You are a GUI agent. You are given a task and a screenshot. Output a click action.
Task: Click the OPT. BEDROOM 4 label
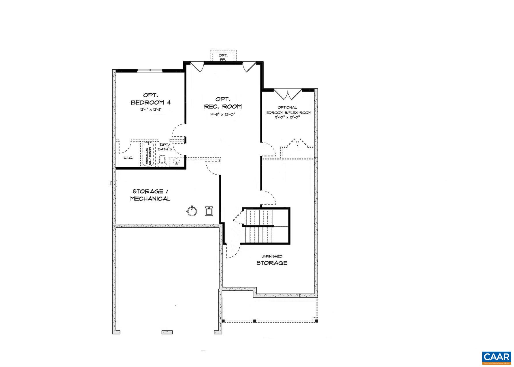[150, 99]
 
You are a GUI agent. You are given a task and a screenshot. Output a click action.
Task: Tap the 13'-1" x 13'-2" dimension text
[150, 110]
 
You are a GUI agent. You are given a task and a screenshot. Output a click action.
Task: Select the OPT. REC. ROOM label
[223, 103]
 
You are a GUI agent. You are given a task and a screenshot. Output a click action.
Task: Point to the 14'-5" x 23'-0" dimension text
[223, 114]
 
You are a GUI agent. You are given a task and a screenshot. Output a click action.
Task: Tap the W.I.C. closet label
[128, 158]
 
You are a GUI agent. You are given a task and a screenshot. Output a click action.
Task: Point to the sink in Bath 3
[175, 162]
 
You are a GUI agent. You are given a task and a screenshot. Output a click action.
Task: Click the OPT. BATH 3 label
[165, 147]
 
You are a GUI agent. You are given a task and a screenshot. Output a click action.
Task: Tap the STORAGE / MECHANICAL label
[150, 195]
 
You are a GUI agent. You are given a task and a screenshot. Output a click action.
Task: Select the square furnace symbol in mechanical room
[209, 211]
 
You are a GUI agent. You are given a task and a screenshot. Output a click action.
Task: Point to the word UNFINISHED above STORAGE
[272, 256]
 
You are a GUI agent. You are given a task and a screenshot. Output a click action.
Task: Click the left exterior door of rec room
[198, 67]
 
